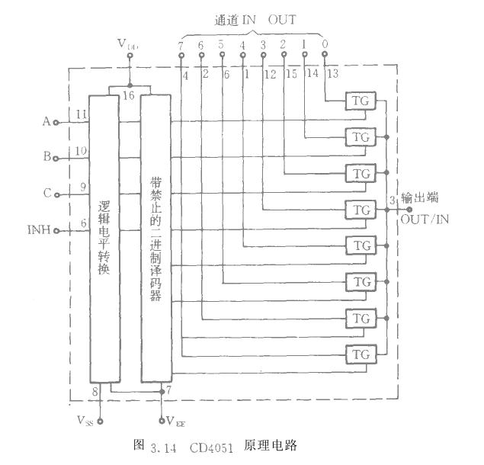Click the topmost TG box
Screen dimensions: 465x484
pyautogui.click(x=360, y=101)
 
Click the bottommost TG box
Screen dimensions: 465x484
pyautogui.click(x=360, y=354)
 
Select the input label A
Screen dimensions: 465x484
pyautogui.click(x=46, y=121)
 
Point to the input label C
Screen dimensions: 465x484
pyautogui.click(x=46, y=194)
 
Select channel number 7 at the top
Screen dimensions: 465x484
pyautogui.click(x=180, y=45)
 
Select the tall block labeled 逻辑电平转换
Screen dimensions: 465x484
pyautogui.click(x=104, y=237)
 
